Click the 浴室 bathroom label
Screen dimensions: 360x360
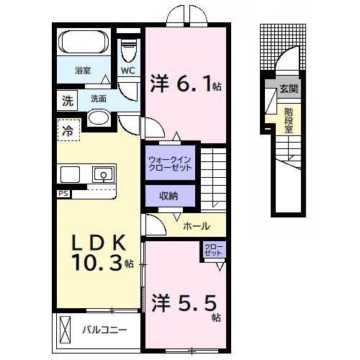coord(83,71)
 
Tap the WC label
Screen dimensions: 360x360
coord(127,71)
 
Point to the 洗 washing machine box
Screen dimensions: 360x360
coord(66,99)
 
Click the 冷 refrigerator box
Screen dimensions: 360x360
coord(66,130)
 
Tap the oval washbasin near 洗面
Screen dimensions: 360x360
coord(99,119)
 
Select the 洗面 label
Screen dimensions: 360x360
coord(99,98)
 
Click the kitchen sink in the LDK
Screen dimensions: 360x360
coord(103,174)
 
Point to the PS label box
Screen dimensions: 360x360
coord(63,194)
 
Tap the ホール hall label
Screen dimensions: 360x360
coord(197,225)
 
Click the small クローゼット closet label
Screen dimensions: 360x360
coord(214,251)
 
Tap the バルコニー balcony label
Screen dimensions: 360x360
coord(104,330)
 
